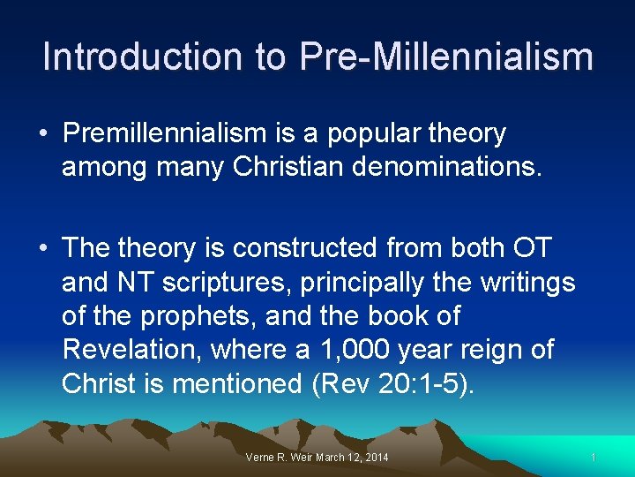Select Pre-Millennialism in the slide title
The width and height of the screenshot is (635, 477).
pos(445,57)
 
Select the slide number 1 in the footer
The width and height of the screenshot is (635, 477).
pos(594,457)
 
